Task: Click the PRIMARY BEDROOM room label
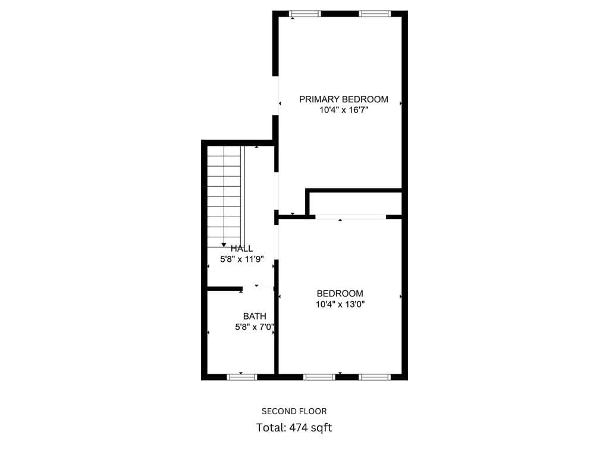(343, 99)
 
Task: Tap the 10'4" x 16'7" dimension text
(343, 110)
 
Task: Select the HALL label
(242, 248)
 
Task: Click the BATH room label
(255, 316)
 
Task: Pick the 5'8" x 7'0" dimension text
(255, 327)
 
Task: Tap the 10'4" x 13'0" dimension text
(340, 304)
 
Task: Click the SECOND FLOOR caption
(294, 411)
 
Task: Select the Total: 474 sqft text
(294, 427)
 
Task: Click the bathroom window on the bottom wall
(242, 377)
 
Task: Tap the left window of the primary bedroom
(305, 14)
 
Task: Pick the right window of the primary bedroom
(375, 14)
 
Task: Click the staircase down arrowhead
(224, 245)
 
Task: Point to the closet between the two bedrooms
(356, 203)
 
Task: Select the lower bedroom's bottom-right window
(375, 377)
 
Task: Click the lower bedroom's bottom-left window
(319, 377)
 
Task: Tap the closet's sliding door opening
(350, 217)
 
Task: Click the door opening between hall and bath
(258, 288)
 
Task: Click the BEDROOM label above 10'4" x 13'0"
(340, 293)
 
